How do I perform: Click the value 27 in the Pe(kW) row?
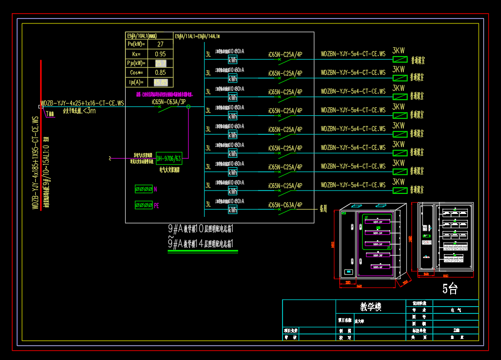(x=160, y=44)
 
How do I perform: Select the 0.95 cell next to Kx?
(x=160, y=54)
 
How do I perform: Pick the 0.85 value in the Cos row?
(x=160, y=73)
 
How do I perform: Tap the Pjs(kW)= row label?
(x=136, y=64)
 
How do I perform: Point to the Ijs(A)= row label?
(x=136, y=83)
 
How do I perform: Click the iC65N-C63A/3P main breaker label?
(x=168, y=102)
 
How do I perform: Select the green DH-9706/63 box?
(x=169, y=158)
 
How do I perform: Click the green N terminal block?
(x=144, y=189)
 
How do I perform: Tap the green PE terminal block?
(x=144, y=205)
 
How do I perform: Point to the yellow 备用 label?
(x=323, y=208)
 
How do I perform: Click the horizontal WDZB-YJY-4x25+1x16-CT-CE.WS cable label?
(x=83, y=103)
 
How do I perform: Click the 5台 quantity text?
(x=450, y=289)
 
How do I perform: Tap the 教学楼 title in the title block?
(x=370, y=306)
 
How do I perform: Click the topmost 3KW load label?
(x=398, y=50)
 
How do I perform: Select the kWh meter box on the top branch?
(x=233, y=60)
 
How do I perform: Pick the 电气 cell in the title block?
(x=456, y=310)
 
